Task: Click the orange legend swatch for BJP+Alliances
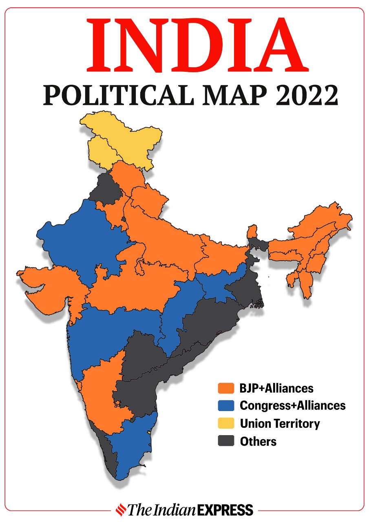(226, 388)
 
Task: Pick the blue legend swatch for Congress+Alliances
(226, 405)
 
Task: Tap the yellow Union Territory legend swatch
(226, 423)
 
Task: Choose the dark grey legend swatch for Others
(226, 441)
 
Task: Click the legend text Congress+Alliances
(292, 405)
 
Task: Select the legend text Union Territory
(280, 423)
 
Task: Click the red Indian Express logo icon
(121, 509)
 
